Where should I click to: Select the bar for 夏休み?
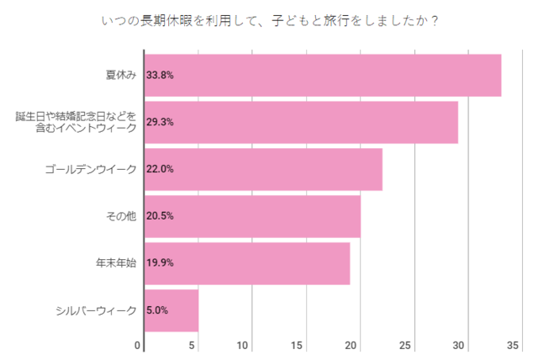(323, 75)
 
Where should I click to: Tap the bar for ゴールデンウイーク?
(263, 169)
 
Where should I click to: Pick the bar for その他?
(252, 216)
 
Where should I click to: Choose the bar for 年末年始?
(247, 263)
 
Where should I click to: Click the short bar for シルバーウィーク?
(171, 310)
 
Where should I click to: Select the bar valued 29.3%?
(301, 122)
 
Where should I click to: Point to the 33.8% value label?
(160, 75)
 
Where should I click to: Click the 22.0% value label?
(160, 169)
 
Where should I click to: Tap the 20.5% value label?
(160, 216)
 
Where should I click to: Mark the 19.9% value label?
(160, 263)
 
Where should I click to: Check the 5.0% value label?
(157, 310)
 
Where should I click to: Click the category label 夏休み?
(121, 75)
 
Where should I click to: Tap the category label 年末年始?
(116, 263)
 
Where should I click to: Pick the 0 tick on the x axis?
(139, 346)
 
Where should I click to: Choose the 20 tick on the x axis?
(352, 346)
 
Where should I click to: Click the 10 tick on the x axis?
(244, 346)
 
